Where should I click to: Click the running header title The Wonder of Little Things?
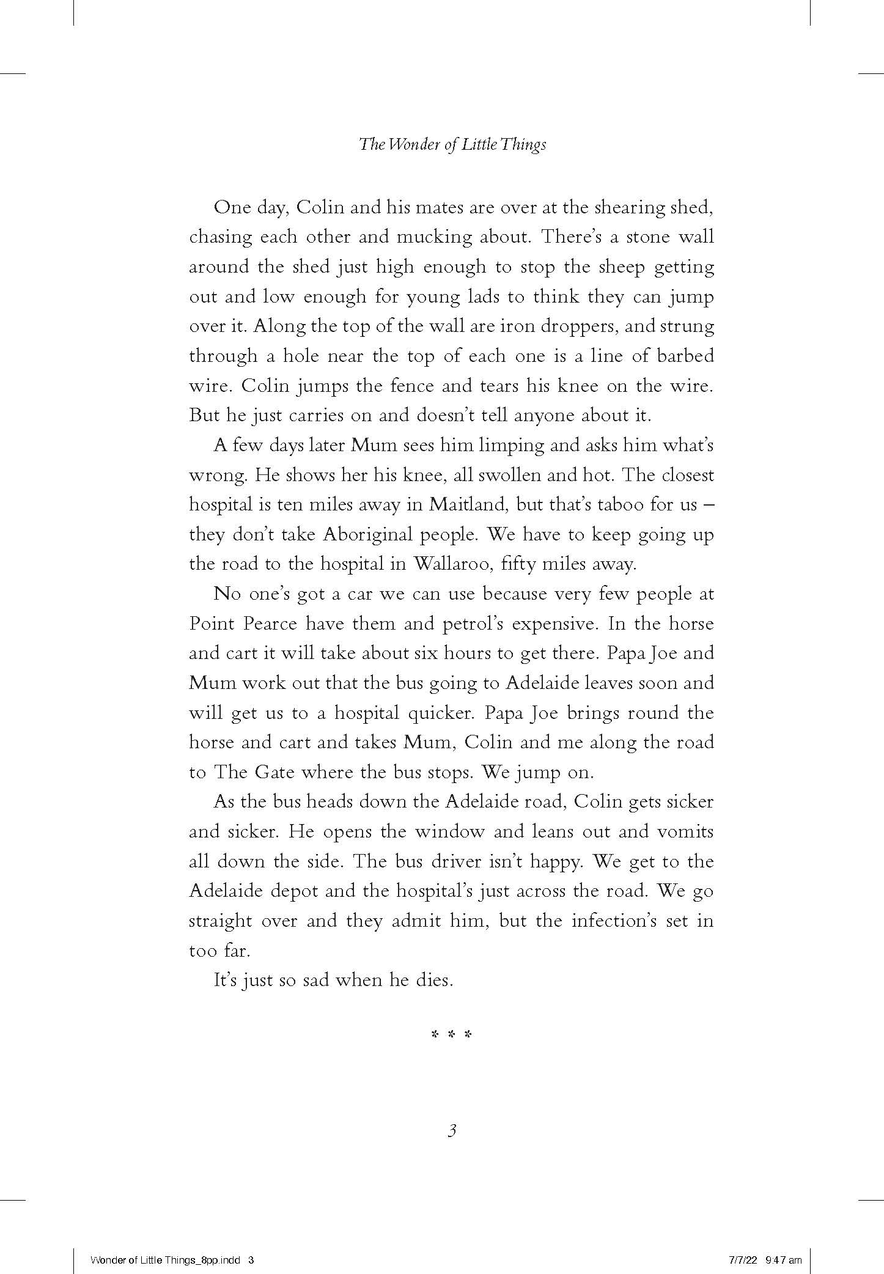452,145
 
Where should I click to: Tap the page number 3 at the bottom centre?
452,1130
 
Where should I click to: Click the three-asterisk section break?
452,1035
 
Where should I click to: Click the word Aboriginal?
369,534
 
